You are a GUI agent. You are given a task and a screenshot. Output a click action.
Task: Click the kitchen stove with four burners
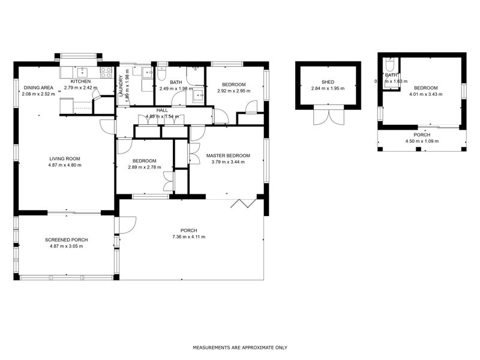106,73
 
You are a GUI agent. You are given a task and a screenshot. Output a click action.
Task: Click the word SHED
327,82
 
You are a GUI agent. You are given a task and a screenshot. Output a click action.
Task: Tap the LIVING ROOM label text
65,159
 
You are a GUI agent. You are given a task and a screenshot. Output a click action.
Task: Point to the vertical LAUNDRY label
121,86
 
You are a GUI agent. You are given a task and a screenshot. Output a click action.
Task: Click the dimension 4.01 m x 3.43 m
425,94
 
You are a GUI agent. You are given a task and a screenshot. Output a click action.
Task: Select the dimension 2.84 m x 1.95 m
327,89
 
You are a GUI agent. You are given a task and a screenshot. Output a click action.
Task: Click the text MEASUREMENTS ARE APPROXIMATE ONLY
240,347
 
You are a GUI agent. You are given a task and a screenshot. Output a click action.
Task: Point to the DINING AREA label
38,88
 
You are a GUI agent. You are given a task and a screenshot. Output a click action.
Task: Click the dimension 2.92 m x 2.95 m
233,91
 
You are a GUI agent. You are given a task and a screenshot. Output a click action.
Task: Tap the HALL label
162,110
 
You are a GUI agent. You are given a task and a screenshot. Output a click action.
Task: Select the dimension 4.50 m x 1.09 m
422,141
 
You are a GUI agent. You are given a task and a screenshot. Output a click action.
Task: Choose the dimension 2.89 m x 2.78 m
145,167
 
